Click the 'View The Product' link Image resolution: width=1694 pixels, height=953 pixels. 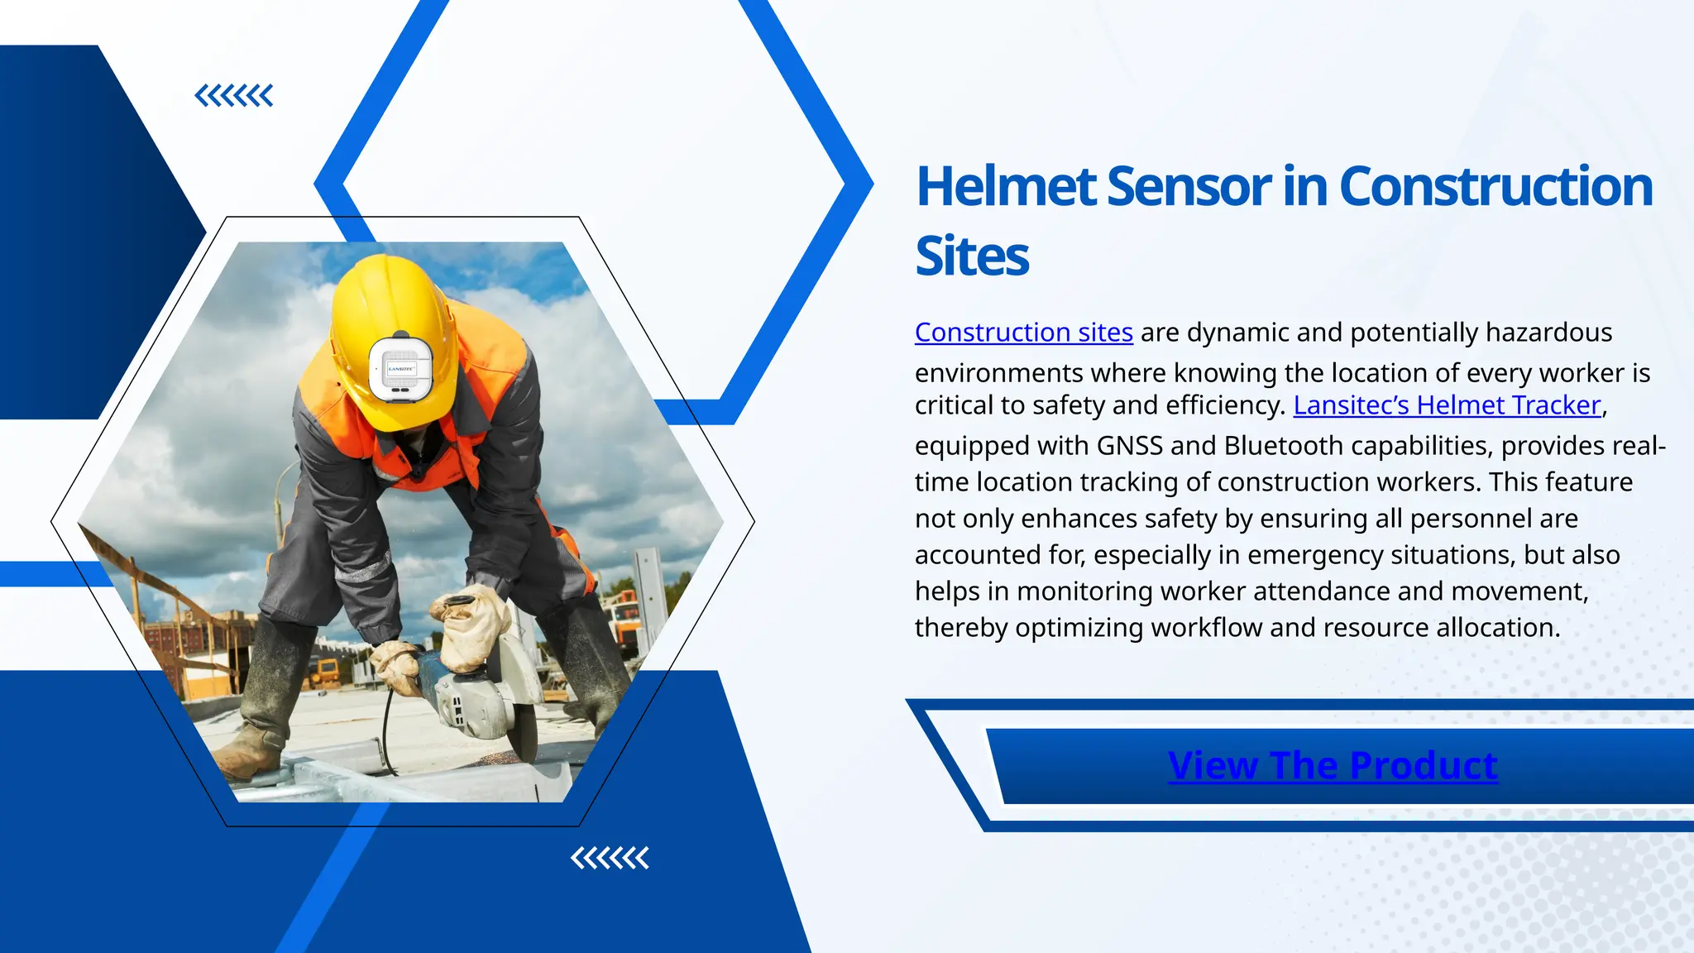click(x=1332, y=765)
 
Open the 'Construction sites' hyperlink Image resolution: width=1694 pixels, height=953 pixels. click(x=1023, y=333)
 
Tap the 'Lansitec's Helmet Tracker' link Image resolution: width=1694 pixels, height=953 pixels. click(x=1448, y=405)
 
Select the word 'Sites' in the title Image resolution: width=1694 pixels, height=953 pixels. click(x=972, y=256)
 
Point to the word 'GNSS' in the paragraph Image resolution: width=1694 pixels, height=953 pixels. click(x=1129, y=446)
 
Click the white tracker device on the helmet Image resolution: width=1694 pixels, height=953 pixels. click(x=401, y=369)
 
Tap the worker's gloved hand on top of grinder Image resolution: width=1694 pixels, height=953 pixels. click(x=471, y=625)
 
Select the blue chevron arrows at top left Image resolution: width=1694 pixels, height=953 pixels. click(x=233, y=96)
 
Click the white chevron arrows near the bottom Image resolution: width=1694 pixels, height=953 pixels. click(x=610, y=858)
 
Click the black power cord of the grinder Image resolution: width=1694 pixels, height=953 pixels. click(x=386, y=728)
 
